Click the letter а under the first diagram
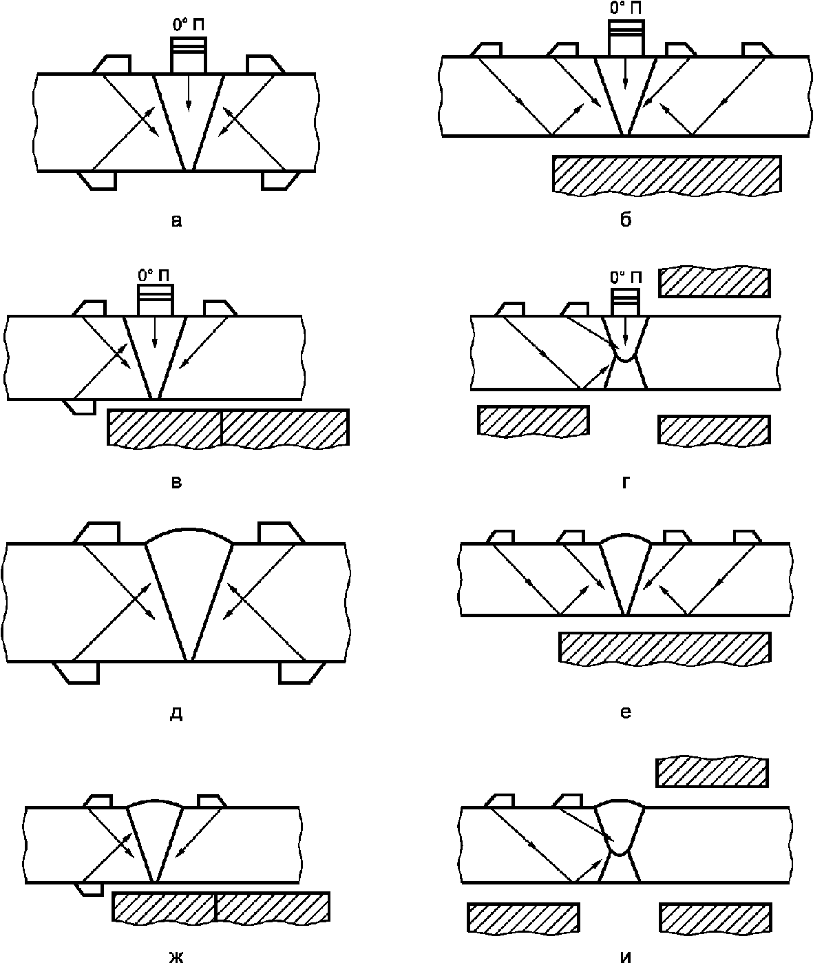tap(176, 221)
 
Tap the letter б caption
tap(626, 220)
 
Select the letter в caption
tap(176, 482)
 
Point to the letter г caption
tap(626, 482)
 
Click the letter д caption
tap(176, 714)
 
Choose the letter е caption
tap(626, 712)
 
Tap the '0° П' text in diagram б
tap(625, 8)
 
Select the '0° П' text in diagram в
tap(154, 276)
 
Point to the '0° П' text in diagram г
tap(626, 278)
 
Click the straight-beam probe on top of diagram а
tap(189, 55)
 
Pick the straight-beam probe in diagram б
tap(626, 38)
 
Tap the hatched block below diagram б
tap(667, 175)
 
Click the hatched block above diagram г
tap(715, 282)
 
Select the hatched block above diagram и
tap(712, 772)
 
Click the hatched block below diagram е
tap(664, 648)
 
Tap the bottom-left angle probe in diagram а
tap(98, 180)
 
